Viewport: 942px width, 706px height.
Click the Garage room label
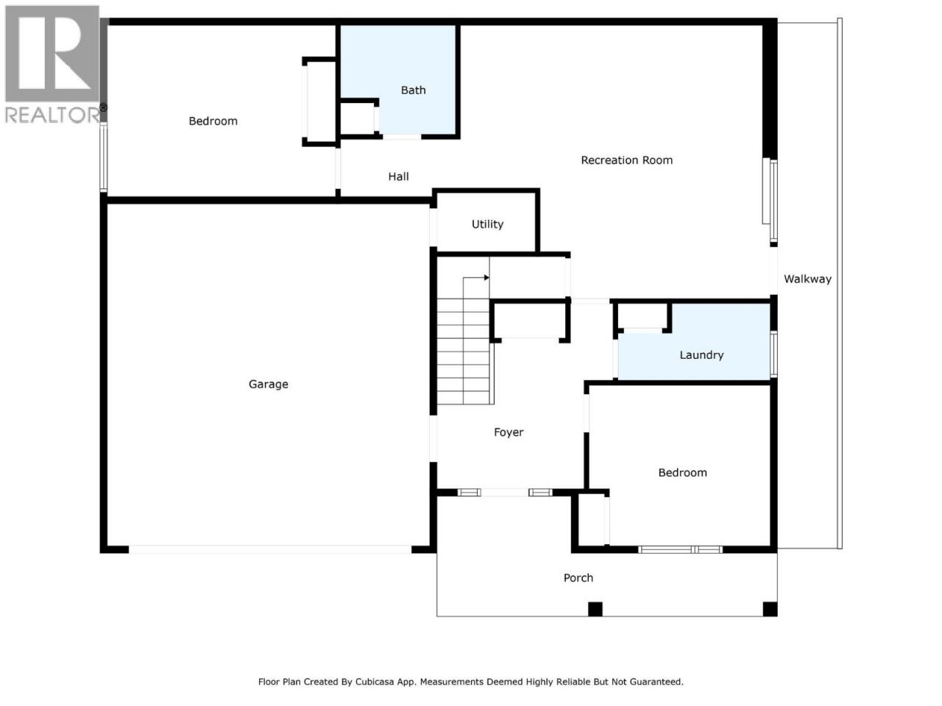(268, 384)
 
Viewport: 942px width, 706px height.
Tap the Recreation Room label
(626, 160)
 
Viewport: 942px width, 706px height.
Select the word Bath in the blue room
(414, 90)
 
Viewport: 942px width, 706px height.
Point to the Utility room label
(487, 224)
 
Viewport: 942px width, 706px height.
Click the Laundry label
(701, 355)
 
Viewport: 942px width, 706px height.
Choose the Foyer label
(509, 432)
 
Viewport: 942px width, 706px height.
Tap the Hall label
(398, 176)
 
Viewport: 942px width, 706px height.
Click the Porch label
(578, 578)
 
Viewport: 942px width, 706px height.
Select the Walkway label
(807, 279)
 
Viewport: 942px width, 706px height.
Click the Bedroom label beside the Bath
(213, 121)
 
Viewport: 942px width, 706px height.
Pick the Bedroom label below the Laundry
(682, 472)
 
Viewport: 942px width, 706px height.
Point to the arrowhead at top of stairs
(486, 278)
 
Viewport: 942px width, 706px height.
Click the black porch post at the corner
(770, 609)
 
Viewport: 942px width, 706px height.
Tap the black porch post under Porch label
(595, 609)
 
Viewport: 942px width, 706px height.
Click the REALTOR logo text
(52, 115)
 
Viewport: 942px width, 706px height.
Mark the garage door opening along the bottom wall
(270, 549)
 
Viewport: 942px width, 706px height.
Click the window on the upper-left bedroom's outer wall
(104, 157)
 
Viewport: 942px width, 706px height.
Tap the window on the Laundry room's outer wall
(773, 354)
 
